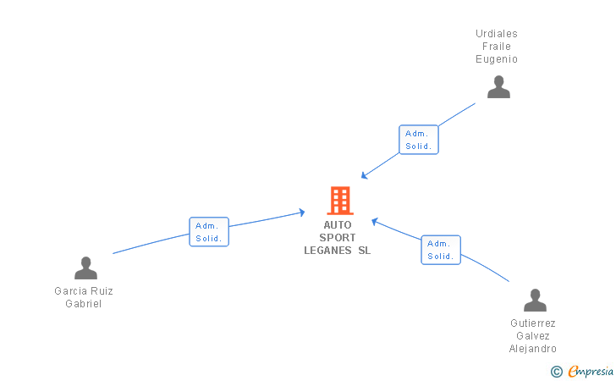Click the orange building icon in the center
click(339, 201)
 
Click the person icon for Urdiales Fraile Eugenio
click(498, 86)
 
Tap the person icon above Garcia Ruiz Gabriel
click(85, 268)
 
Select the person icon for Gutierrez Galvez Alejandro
click(535, 300)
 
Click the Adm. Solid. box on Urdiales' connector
click(418, 140)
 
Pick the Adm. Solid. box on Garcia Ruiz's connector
click(209, 231)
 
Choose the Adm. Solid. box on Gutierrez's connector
click(441, 250)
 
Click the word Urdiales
click(497, 34)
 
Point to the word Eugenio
click(497, 59)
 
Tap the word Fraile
click(497, 47)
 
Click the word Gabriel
click(84, 304)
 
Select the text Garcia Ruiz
click(84, 291)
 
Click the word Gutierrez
click(533, 323)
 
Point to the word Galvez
click(533, 336)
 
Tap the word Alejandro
click(533, 349)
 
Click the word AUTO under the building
click(338, 225)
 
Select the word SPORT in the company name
click(338, 238)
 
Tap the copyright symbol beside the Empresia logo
click(557, 371)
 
